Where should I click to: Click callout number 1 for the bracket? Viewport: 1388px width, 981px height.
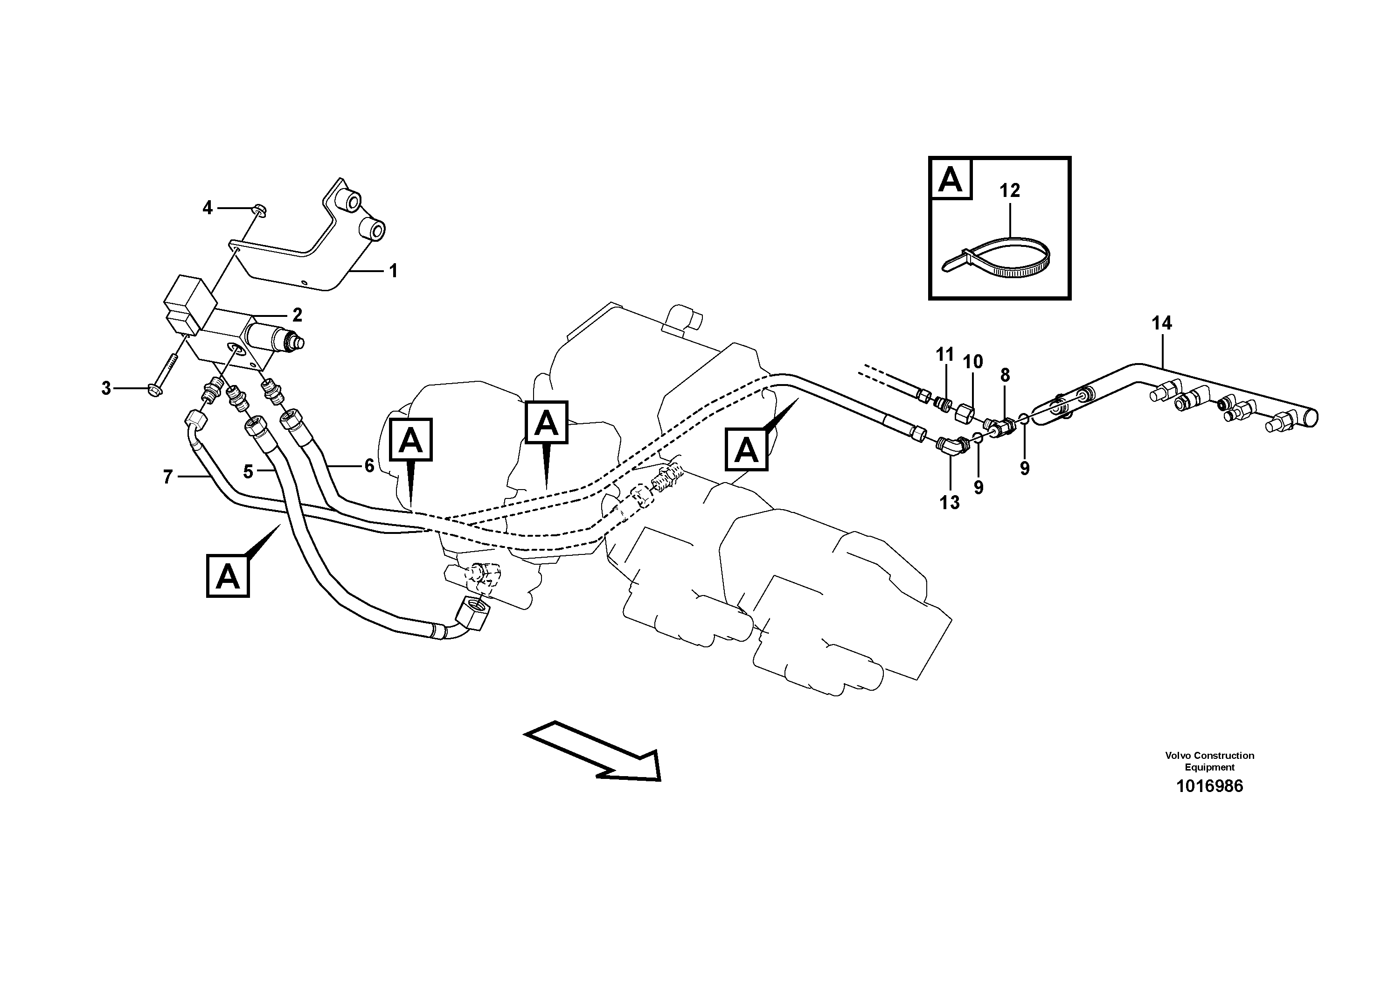click(x=393, y=271)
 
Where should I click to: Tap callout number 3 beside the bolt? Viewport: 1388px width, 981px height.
click(x=106, y=388)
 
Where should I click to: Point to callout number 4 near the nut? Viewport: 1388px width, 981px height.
click(x=208, y=208)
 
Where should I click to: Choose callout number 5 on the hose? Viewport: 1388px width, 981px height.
click(x=248, y=472)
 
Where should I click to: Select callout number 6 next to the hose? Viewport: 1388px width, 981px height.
click(x=369, y=465)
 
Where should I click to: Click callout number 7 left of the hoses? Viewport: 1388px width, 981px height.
click(x=168, y=477)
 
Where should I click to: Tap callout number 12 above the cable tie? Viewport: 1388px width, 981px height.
click(x=1010, y=190)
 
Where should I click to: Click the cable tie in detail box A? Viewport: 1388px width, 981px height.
click(x=998, y=261)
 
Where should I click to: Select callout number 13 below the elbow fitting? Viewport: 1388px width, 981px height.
click(x=949, y=502)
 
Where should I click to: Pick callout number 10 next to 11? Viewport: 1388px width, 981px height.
click(x=973, y=362)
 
